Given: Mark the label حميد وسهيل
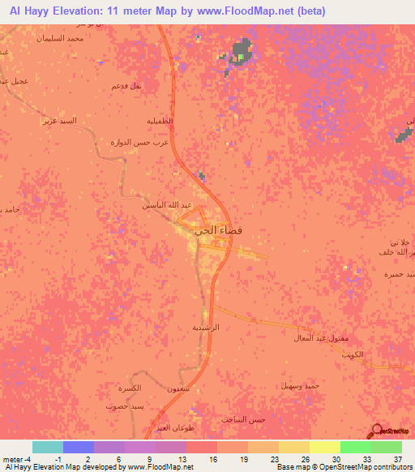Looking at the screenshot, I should click(301, 385).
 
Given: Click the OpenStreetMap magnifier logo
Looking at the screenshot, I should click(377, 431).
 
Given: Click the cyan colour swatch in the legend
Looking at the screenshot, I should click(48, 446).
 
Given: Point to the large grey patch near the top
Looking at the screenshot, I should click(241, 53).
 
